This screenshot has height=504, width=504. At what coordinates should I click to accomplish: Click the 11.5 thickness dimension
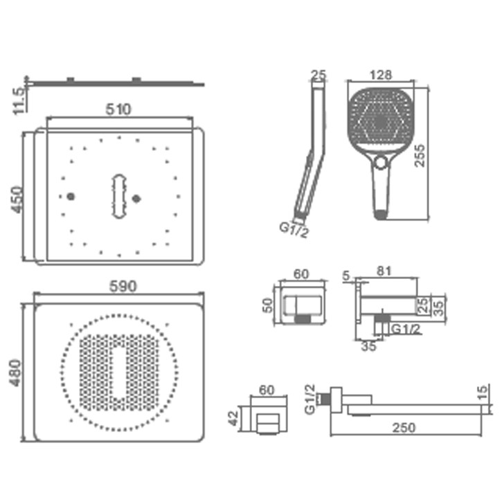(19, 100)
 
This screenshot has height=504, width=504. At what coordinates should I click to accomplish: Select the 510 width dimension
(118, 109)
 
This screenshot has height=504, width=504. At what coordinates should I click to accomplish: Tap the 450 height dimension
(17, 199)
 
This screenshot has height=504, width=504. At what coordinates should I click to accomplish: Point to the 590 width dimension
(123, 286)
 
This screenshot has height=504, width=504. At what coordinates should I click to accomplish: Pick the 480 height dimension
(16, 373)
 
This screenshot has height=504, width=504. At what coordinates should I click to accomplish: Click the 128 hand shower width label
(381, 75)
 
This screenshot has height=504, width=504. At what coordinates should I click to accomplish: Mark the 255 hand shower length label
(420, 156)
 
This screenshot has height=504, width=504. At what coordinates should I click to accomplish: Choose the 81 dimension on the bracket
(384, 271)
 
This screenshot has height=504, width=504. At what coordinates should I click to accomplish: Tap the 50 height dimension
(267, 305)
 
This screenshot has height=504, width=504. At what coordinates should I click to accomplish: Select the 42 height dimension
(233, 418)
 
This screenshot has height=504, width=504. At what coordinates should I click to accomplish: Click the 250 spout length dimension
(404, 428)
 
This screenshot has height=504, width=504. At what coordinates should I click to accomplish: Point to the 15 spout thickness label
(483, 393)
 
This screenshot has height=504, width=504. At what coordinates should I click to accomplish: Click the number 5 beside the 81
(346, 276)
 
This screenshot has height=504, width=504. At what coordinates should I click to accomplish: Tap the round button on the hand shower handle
(381, 162)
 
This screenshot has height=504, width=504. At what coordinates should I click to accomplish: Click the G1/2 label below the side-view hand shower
(294, 230)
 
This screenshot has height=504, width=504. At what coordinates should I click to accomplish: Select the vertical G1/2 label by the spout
(310, 399)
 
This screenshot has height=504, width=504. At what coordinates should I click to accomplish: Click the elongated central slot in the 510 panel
(119, 197)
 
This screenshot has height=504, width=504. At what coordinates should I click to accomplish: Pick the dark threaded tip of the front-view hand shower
(381, 215)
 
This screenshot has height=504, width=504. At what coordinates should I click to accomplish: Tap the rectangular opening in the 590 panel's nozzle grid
(119, 373)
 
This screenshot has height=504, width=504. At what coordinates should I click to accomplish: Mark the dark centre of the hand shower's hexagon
(381, 120)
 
